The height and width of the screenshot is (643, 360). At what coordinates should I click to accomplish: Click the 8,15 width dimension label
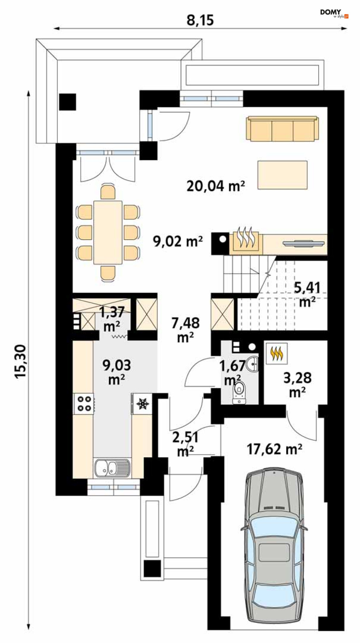coord(200,20)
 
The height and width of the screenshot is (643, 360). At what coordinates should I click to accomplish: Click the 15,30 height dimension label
coord(21,361)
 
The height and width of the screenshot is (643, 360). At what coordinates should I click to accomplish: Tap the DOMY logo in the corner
coord(334,13)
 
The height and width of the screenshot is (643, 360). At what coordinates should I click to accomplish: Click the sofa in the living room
coord(282,128)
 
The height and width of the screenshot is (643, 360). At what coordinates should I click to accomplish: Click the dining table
coord(108,232)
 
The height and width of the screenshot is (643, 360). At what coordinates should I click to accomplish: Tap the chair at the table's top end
coord(108,192)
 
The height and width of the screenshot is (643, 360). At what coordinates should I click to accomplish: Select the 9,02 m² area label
coord(178,241)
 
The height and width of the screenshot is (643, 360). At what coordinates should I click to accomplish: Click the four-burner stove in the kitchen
coord(84,404)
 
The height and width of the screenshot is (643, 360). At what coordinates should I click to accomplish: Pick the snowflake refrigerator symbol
coord(142,403)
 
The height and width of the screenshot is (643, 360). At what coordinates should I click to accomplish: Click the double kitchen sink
coord(112,467)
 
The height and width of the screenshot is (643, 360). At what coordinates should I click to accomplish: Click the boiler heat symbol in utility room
coord(277,353)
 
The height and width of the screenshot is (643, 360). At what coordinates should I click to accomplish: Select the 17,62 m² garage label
coord(275,449)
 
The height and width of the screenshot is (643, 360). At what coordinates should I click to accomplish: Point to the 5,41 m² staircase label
coord(307,294)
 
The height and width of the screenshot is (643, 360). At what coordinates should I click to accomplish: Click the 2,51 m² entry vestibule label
coord(185,444)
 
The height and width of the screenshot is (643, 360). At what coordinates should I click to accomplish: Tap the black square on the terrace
coord(68,102)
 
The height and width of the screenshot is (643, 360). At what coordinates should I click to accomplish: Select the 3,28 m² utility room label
coord(297,384)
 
